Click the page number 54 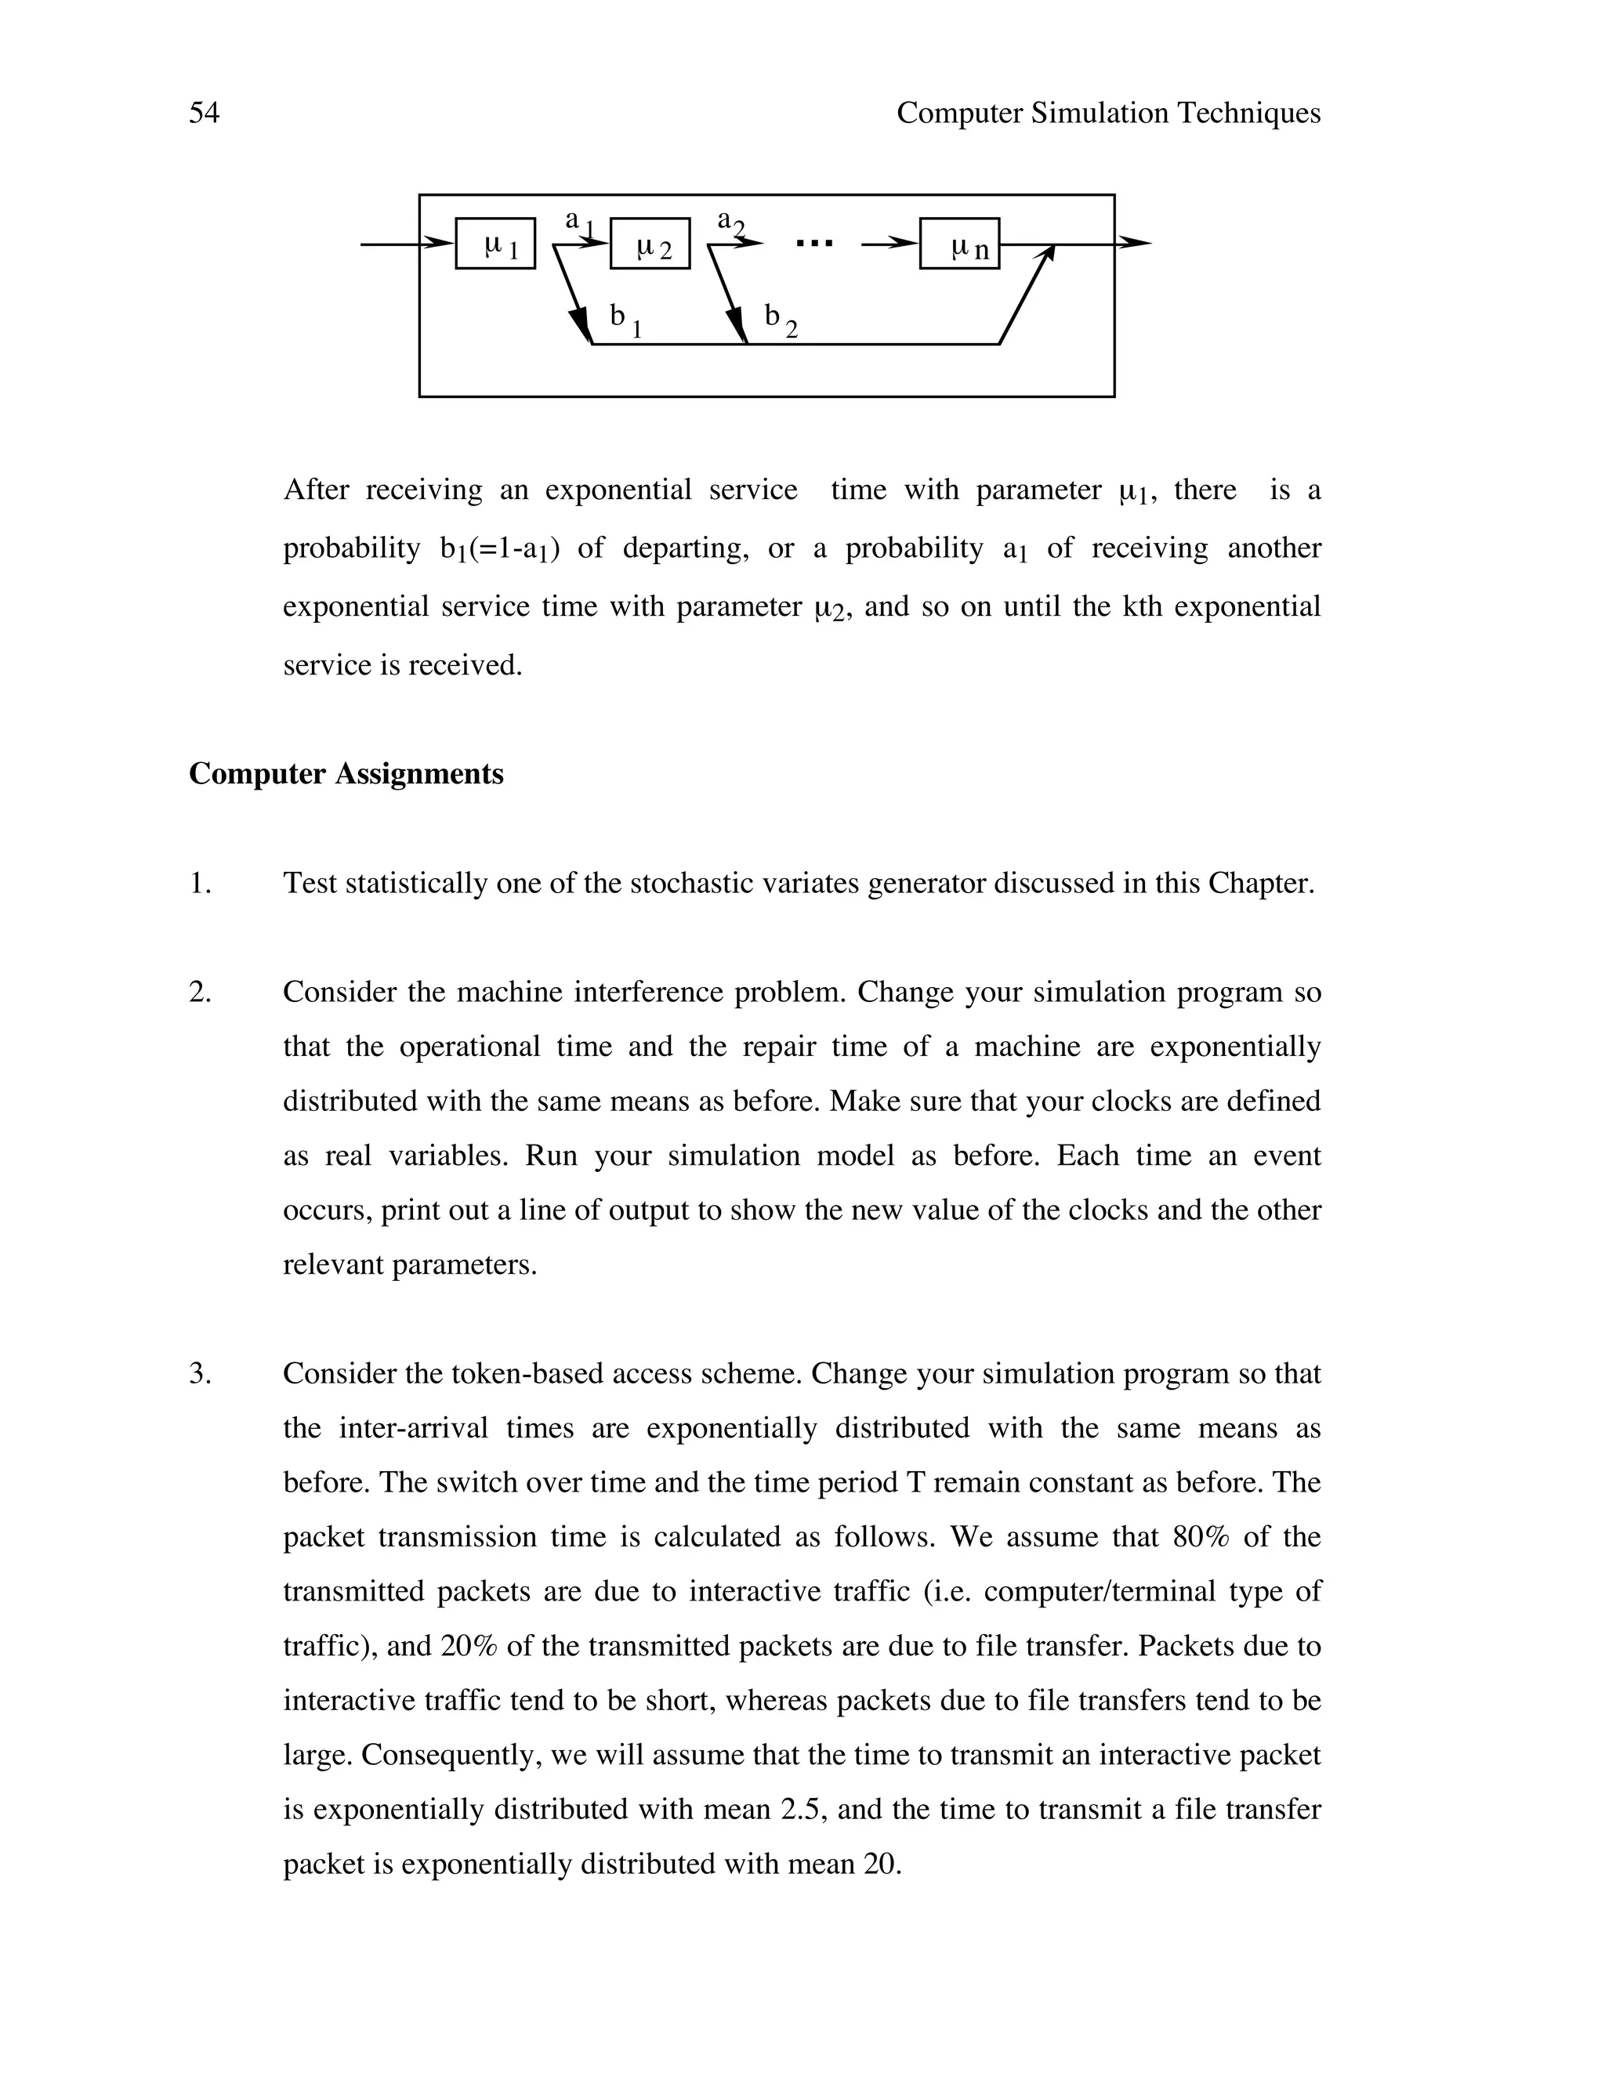coord(204,113)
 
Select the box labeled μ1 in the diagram coord(495,244)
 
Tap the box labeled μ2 coord(650,244)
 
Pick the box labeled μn coord(959,244)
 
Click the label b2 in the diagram coord(781,320)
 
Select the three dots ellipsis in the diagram coord(814,244)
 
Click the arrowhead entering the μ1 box coord(438,244)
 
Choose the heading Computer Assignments coord(346,774)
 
